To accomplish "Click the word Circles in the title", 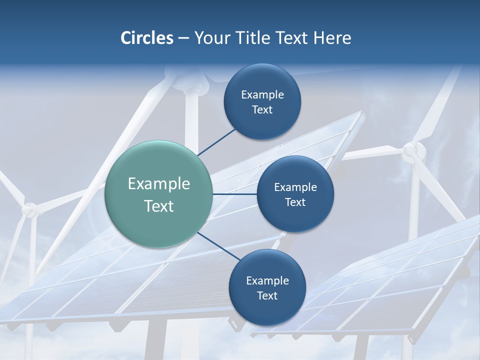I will click(x=146, y=38).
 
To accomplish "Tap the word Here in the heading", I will click(x=332, y=38).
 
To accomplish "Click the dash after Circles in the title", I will click(x=183, y=38).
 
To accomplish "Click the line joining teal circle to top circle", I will click(x=216, y=141).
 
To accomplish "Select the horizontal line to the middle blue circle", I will click(x=234, y=194).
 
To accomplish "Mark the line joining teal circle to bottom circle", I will click(x=218, y=246).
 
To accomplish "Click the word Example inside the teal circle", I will click(x=159, y=184).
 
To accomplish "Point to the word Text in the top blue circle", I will click(x=262, y=110).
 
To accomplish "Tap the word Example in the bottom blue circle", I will click(x=267, y=280).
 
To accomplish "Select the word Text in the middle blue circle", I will click(x=295, y=202).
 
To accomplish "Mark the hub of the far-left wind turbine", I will click(x=30, y=210).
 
